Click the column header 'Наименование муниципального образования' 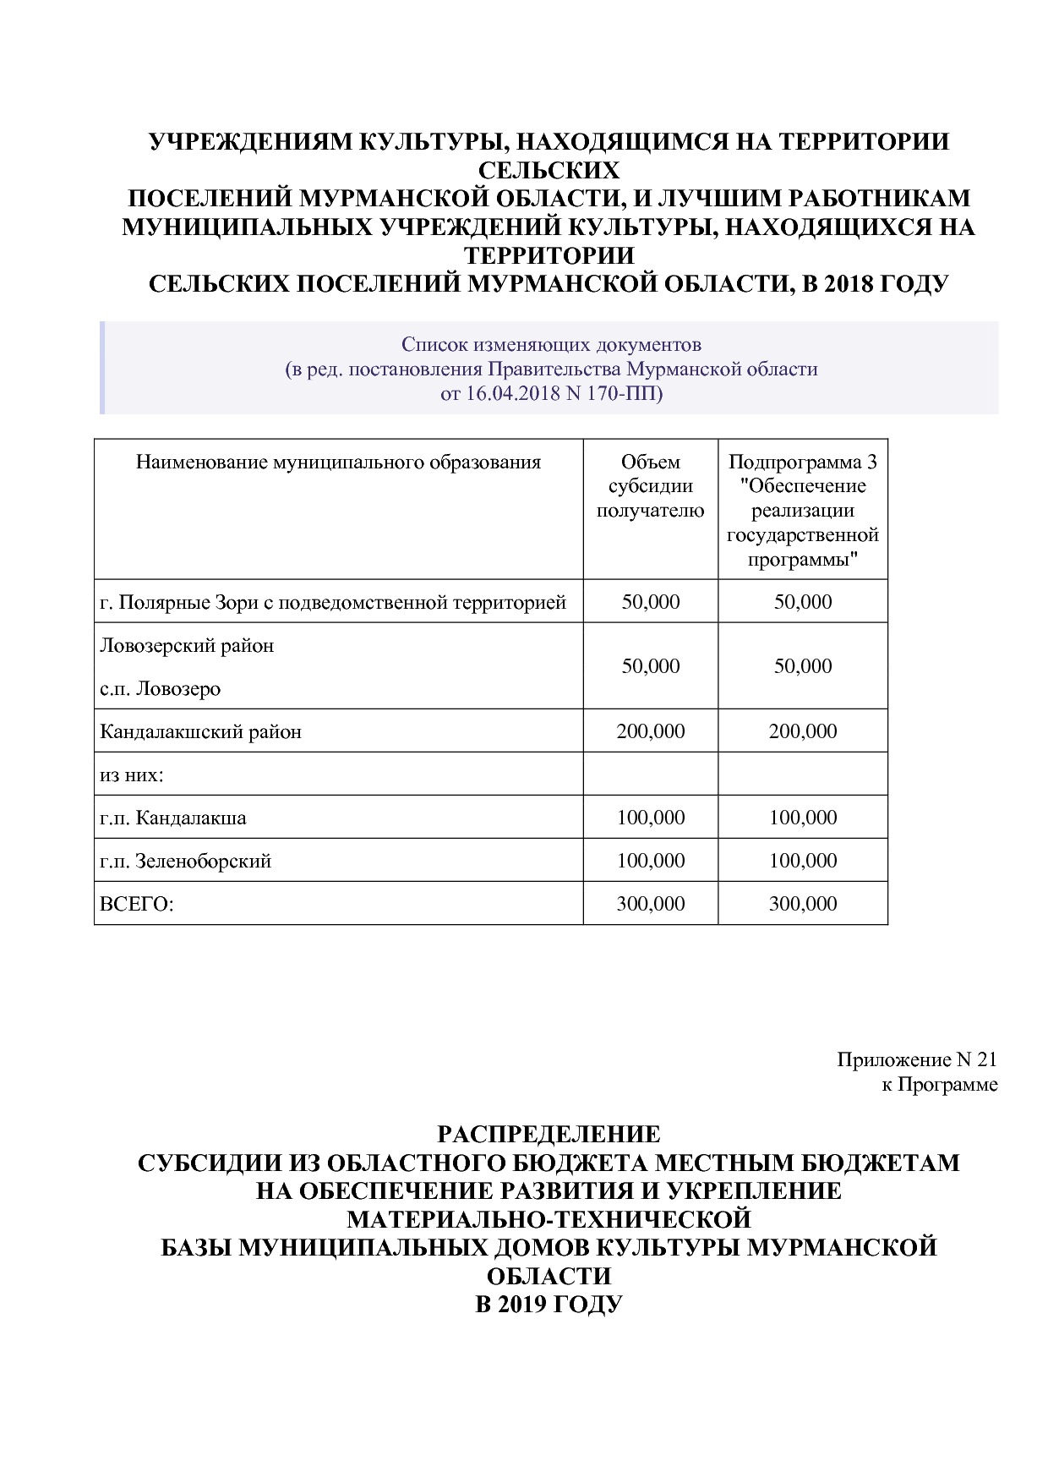point(338,462)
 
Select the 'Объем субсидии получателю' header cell point(650,486)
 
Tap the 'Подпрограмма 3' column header point(802,462)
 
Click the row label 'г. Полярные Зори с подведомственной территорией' point(333,603)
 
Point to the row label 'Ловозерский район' point(187,646)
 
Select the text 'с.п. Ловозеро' point(160,689)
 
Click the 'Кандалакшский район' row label point(200,732)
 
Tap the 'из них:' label point(131,775)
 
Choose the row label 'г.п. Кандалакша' point(173,818)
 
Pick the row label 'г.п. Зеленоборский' point(185,862)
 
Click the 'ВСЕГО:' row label point(136,905)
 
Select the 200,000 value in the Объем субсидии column point(650,732)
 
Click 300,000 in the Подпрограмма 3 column point(802,905)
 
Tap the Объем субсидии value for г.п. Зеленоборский point(650,862)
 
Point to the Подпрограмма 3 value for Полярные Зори point(802,603)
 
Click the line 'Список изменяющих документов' point(551,345)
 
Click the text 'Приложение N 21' point(917,1060)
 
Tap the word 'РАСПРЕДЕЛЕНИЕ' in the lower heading point(549,1134)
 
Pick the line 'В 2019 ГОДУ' point(549,1305)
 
